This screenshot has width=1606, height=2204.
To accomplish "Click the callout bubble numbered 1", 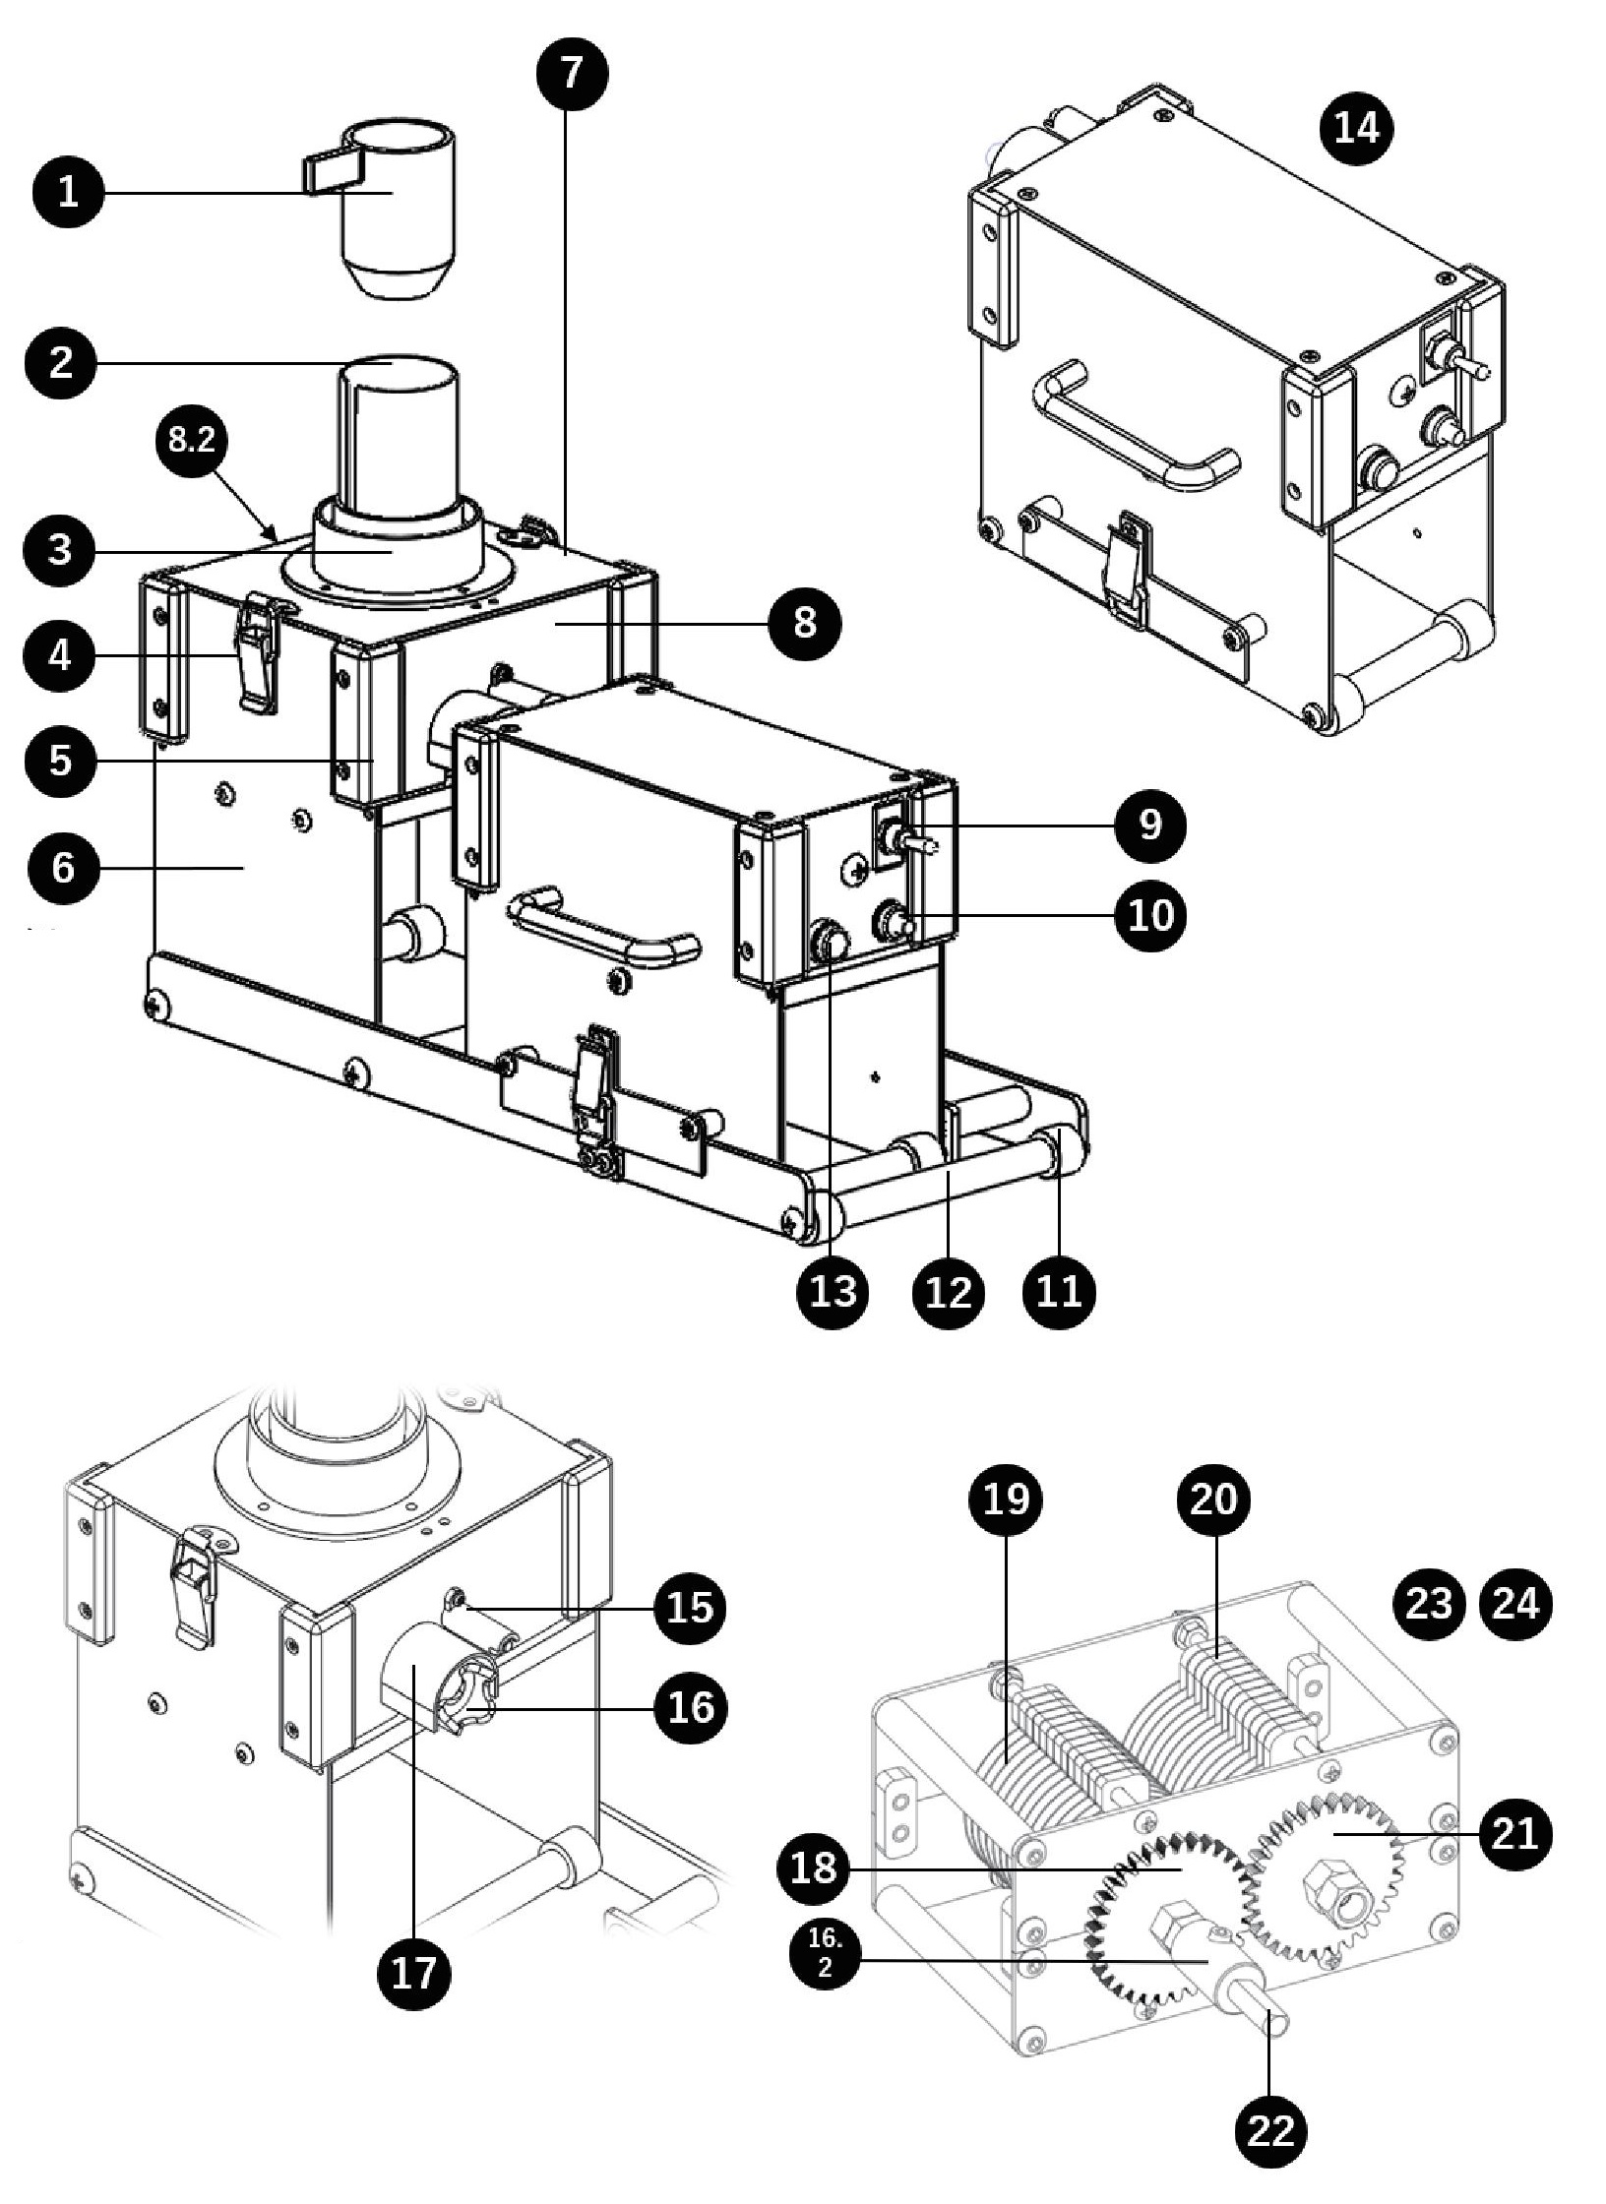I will coord(67,192).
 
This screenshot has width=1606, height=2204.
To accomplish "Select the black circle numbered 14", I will coord(1357,128).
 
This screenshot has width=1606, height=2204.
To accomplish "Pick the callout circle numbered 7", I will coord(572,74).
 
